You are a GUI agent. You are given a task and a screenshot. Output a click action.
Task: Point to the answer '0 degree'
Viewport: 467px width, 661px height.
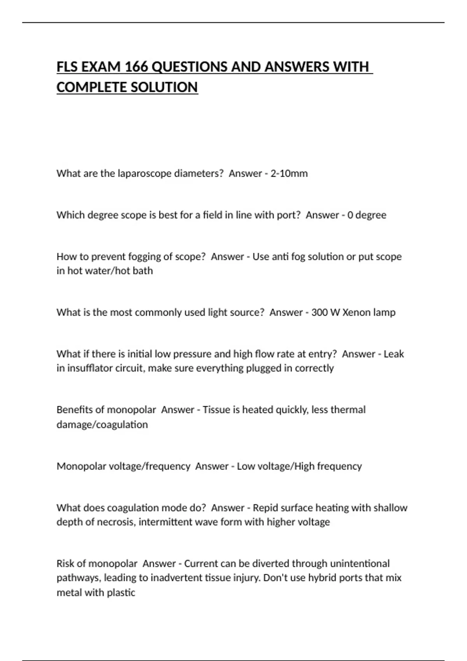[367, 215]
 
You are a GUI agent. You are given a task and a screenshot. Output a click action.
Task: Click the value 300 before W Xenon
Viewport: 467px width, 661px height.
[320, 312]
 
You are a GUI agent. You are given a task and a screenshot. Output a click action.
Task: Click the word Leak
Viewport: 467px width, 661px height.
[394, 354]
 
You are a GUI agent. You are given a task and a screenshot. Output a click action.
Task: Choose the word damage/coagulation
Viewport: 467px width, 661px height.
[102, 424]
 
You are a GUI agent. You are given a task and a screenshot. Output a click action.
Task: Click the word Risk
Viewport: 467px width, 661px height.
[65, 563]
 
